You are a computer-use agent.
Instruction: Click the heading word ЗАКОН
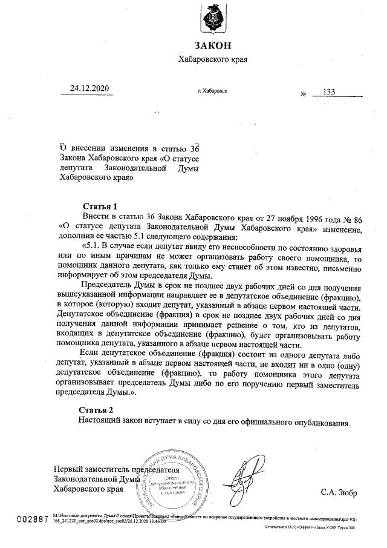pyautogui.click(x=213, y=46)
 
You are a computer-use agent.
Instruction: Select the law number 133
pyautogui.click(x=329, y=91)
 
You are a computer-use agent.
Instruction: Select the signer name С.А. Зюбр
pyautogui.click(x=339, y=492)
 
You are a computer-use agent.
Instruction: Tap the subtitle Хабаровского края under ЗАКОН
pyautogui.click(x=213, y=60)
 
